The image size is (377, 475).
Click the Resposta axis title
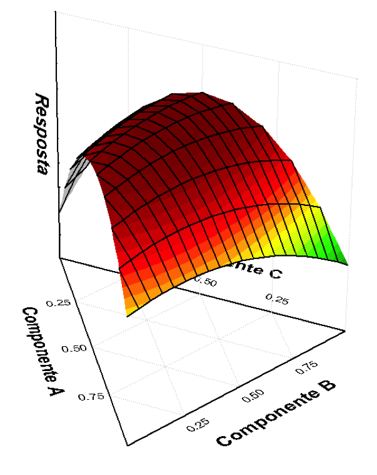tap(43, 134)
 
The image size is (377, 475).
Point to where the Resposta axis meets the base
tap(60, 257)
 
